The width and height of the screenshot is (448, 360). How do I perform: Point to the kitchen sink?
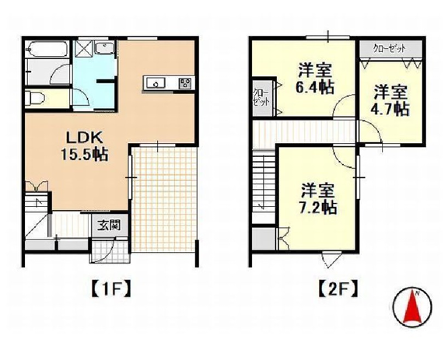click(153, 83)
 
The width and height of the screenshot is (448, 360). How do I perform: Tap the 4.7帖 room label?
click(390, 100)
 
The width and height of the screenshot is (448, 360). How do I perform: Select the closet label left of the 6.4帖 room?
click(261, 96)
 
